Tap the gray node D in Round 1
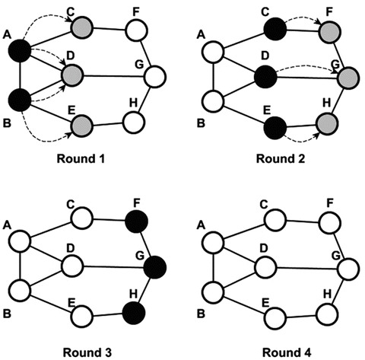pyautogui.click(x=73, y=75)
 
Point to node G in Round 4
pyautogui.click(x=346, y=267)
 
